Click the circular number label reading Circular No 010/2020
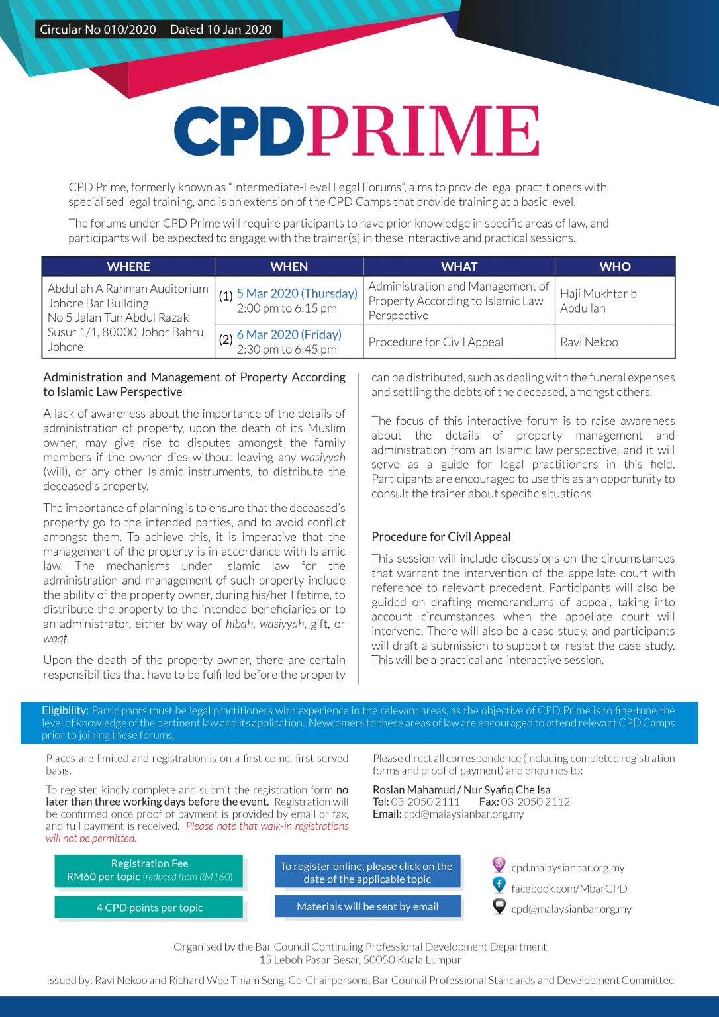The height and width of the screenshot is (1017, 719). pyautogui.click(x=98, y=29)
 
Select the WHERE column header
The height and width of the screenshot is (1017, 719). pyautogui.click(x=128, y=266)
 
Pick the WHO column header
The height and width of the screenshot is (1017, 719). pyautogui.click(x=615, y=266)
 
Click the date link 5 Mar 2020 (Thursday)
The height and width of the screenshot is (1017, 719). pyautogui.click(x=297, y=293)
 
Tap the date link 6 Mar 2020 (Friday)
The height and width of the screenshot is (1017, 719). pyautogui.click(x=289, y=334)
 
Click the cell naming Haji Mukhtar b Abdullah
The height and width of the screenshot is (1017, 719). pyautogui.click(x=599, y=301)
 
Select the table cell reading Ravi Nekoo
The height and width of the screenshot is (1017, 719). pyautogui.click(x=589, y=342)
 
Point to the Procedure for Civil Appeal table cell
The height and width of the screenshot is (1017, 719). pyautogui.click(x=436, y=342)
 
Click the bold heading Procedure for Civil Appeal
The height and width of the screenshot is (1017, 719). pyautogui.click(x=441, y=536)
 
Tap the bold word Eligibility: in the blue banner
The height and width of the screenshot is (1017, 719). pyautogui.click(x=65, y=710)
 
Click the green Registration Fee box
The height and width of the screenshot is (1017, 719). pyautogui.click(x=150, y=870)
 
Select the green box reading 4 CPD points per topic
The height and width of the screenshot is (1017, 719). pyautogui.click(x=150, y=908)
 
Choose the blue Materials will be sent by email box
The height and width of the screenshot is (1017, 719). pyautogui.click(x=367, y=906)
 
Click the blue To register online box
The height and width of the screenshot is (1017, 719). pyautogui.click(x=367, y=872)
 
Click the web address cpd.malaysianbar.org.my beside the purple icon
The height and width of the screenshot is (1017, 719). pyautogui.click(x=567, y=867)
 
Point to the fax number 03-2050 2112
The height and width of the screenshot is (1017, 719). pyautogui.click(x=535, y=802)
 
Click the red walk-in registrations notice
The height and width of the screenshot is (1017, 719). pyautogui.click(x=267, y=826)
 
